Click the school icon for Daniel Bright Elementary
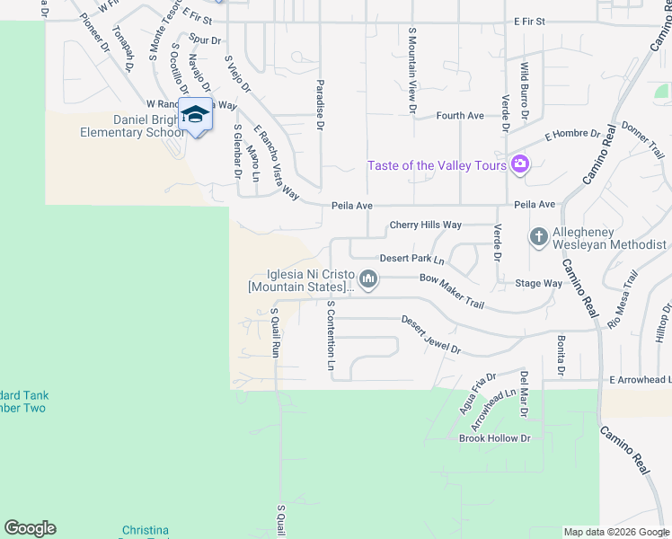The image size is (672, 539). [x=195, y=114]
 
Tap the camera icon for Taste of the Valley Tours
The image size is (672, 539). [x=519, y=164]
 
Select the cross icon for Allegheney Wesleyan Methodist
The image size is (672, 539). [x=538, y=236]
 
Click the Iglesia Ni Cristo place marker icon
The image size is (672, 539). [x=367, y=280]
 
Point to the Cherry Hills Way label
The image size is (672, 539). [x=425, y=225]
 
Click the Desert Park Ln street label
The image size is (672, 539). [x=411, y=259]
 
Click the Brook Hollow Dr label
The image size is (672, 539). [x=495, y=438]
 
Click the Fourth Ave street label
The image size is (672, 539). [x=460, y=116]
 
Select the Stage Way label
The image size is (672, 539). [x=538, y=283]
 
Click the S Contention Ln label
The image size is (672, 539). [x=331, y=336]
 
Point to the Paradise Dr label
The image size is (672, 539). [x=319, y=104]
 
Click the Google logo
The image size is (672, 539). [x=30, y=528]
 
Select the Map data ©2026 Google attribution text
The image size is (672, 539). [x=615, y=532]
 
